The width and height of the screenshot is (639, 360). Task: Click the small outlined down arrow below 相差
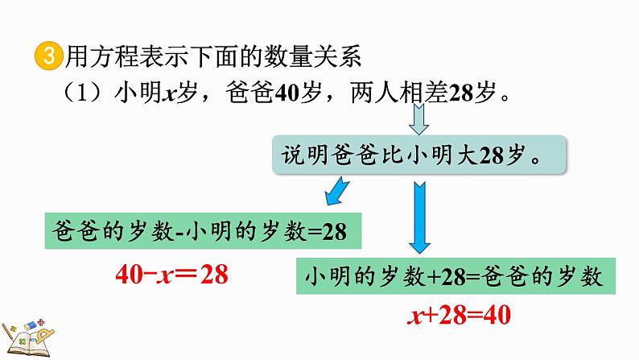point(418,122)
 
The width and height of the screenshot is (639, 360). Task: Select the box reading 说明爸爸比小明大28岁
point(418,155)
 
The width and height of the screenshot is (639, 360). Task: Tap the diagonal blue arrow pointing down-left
point(336,193)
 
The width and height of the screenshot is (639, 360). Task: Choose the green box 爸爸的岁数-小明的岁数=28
point(198,231)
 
